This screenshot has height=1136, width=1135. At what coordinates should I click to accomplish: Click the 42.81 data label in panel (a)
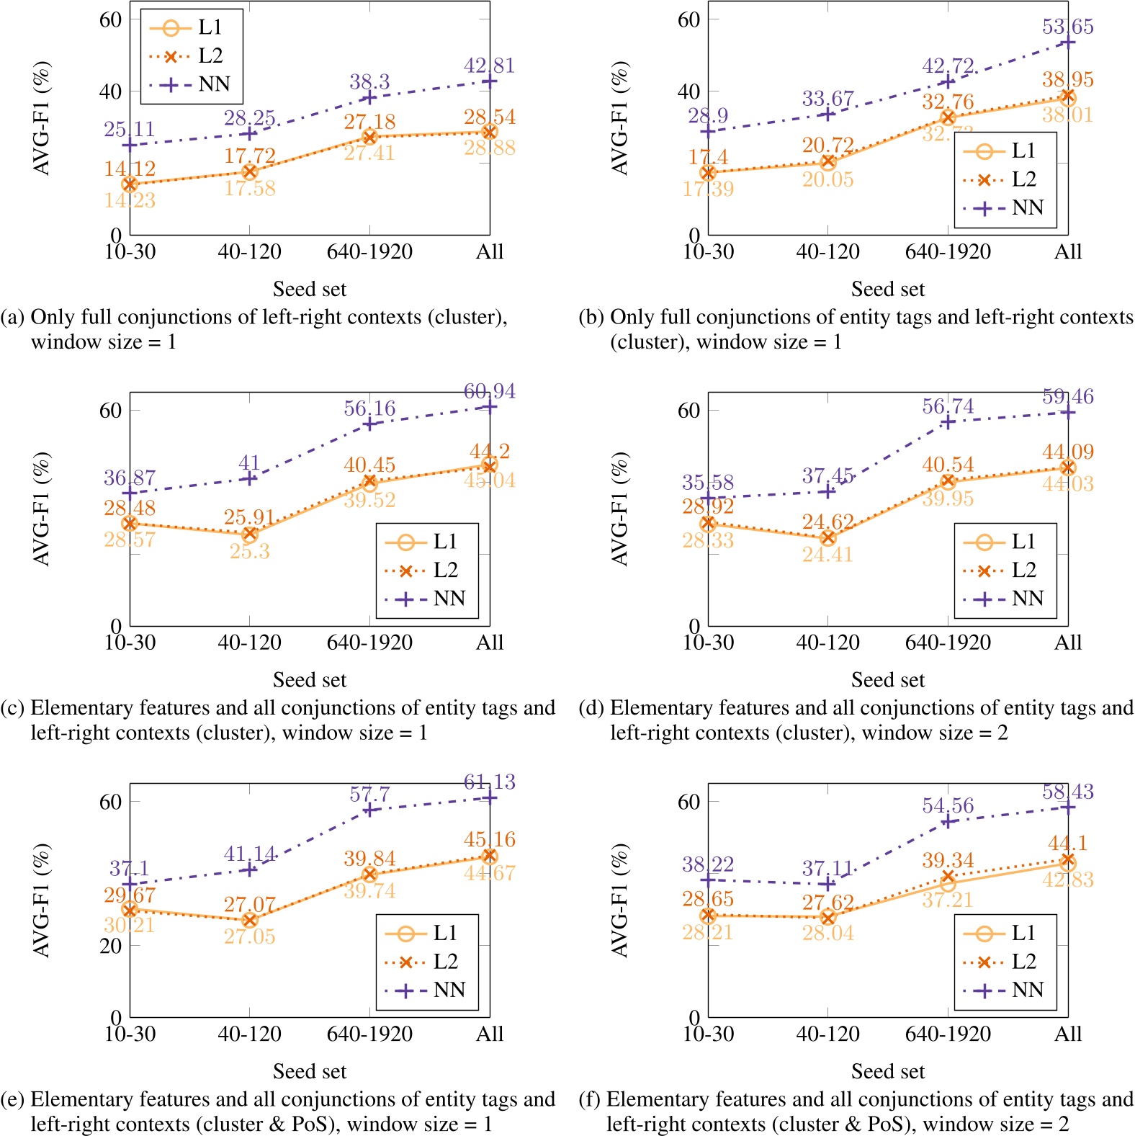[x=489, y=66]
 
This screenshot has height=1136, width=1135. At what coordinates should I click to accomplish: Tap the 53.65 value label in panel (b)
[x=1067, y=27]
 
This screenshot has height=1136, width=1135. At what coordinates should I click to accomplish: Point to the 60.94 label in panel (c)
[x=489, y=391]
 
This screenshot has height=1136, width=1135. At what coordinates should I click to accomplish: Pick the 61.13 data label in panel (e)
[x=489, y=782]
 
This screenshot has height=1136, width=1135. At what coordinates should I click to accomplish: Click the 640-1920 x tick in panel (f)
[x=948, y=1034]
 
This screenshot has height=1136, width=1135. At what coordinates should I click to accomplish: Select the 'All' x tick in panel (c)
[x=490, y=643]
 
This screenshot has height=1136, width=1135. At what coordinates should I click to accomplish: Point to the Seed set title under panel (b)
[x=887, y=289]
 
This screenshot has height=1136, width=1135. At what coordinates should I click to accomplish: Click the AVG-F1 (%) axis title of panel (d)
[x=620, y=509]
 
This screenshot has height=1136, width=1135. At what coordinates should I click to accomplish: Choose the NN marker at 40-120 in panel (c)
[x=250, y=478]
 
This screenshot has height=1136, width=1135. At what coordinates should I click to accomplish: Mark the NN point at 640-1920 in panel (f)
[x=948, y=821]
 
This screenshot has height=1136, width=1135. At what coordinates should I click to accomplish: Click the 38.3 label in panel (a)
[x=369, y=82]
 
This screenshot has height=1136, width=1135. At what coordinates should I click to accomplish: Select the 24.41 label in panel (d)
[x=827, y=555]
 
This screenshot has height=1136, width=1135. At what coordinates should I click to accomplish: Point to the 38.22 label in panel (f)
[x=708, y=864]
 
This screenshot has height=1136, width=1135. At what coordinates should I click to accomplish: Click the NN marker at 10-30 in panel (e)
[x=130, y=884]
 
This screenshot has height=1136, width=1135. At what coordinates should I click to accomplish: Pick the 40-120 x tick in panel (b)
[x=827, y=251]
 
